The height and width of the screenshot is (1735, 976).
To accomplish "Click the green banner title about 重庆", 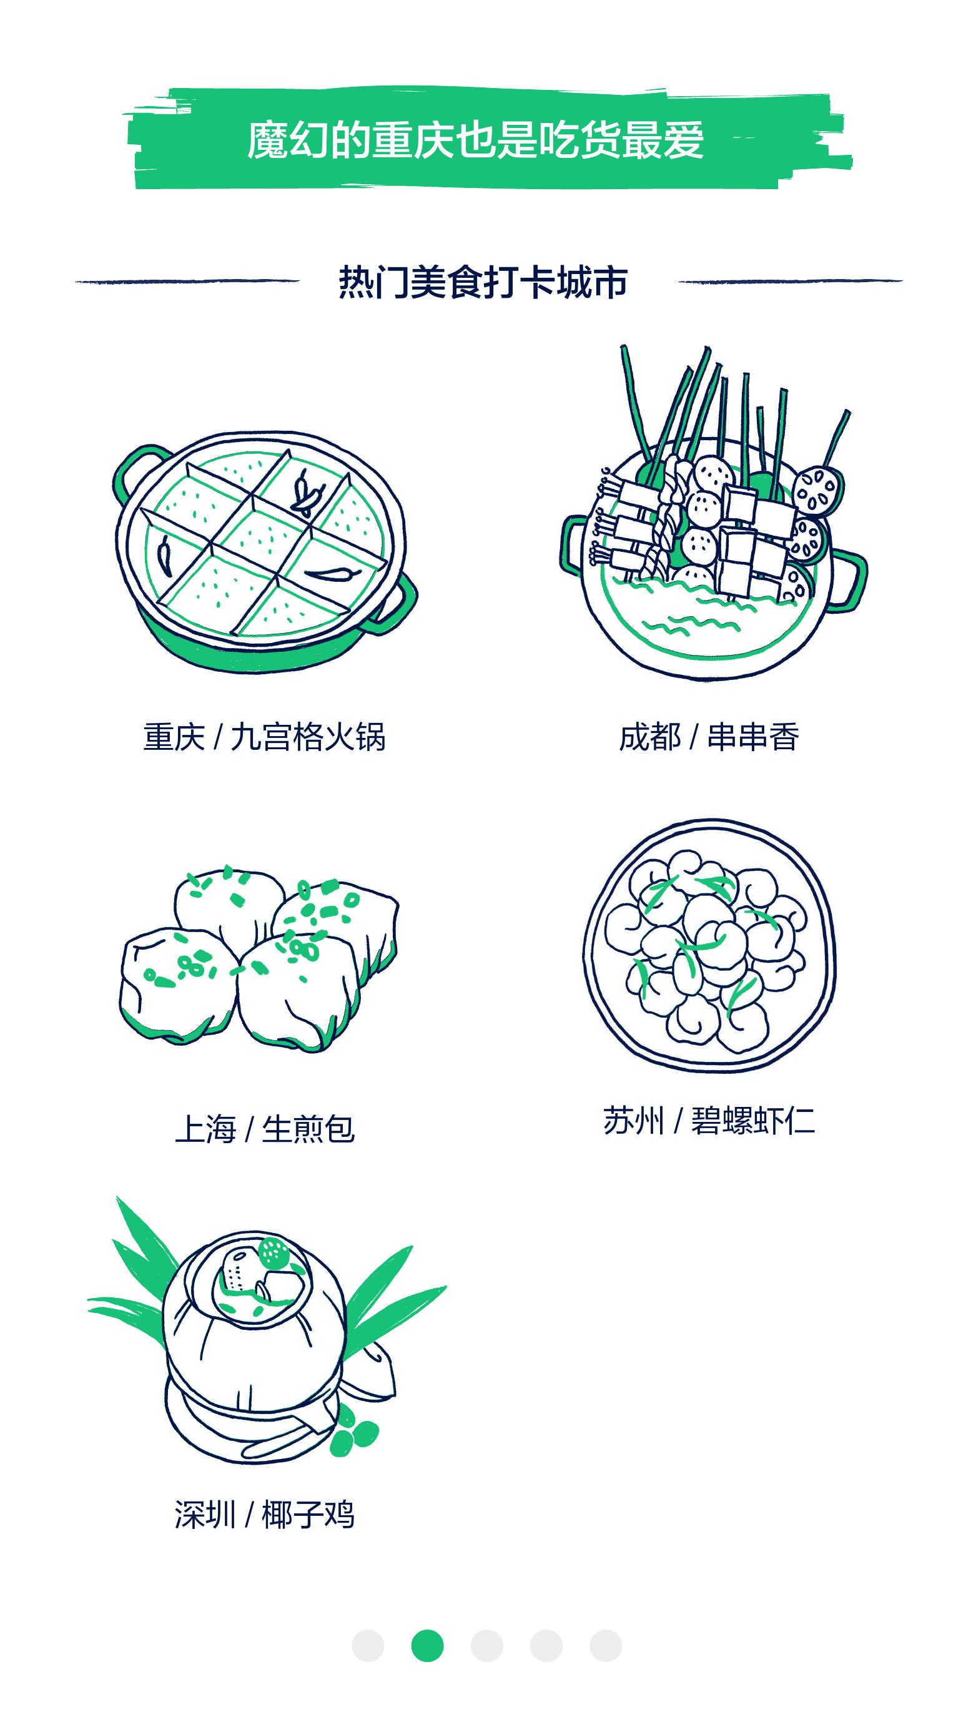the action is (x=476, y=140).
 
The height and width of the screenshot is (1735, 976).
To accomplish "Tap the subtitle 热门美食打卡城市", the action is (x=483, y=282).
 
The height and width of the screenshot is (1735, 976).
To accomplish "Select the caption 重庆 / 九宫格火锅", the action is (x=264, y=737).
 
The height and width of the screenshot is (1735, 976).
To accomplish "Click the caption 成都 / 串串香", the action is (x=709, y=737).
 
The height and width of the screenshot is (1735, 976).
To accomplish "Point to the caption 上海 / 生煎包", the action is (x=265, y=1129).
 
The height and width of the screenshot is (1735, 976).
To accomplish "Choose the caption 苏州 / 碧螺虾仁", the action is (x=709, y=1121).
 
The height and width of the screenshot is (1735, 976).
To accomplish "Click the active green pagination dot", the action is (x=428, y=1646).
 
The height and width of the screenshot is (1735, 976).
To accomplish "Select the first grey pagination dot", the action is (x=368, y=1646).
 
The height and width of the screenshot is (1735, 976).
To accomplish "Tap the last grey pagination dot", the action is (x=606, y=1646).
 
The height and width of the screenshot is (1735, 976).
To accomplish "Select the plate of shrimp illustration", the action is (x=709, y=945).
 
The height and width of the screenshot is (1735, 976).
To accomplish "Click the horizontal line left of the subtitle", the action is (x=187, y=281).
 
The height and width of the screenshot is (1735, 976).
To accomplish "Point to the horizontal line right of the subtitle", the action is (x=790, y=281).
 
